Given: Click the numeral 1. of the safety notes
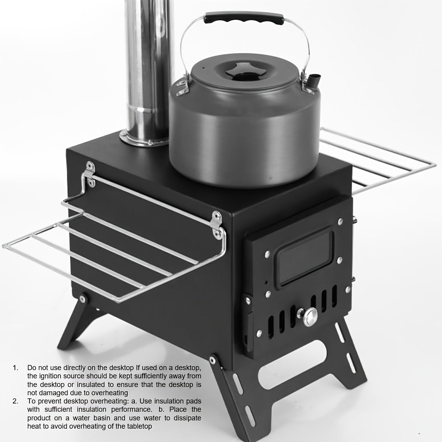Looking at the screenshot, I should pos(15,368).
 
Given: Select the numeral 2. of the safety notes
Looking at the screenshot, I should pos(15,401).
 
